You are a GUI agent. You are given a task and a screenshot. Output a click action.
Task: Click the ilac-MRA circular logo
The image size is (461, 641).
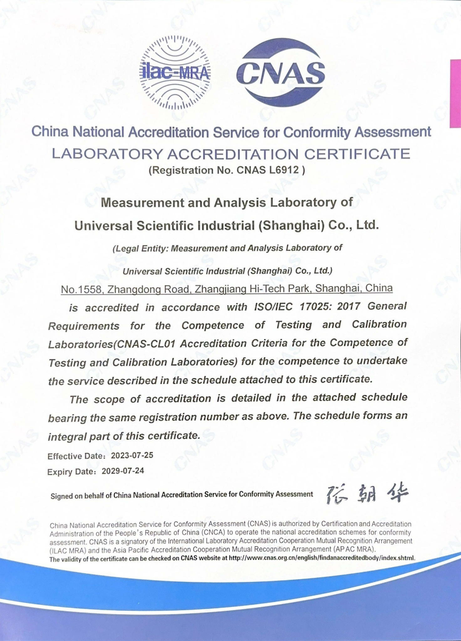(x=175, y=73)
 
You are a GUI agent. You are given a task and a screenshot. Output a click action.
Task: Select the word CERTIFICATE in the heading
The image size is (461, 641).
(x=357, y=154)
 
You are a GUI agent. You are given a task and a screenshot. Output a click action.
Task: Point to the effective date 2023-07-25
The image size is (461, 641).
(x=132, y=455)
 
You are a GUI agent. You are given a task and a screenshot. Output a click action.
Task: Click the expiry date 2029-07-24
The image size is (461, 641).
(x=123, y=471)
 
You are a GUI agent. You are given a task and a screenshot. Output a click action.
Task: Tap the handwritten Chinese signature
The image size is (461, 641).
(x=366, y=494)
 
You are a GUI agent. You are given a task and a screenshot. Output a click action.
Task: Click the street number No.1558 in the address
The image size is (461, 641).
(x=82, y=290)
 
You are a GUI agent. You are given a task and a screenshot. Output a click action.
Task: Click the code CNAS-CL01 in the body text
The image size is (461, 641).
(x=145, y=344)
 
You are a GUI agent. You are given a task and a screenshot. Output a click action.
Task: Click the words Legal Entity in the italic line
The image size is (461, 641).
(x=142, y=249)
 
